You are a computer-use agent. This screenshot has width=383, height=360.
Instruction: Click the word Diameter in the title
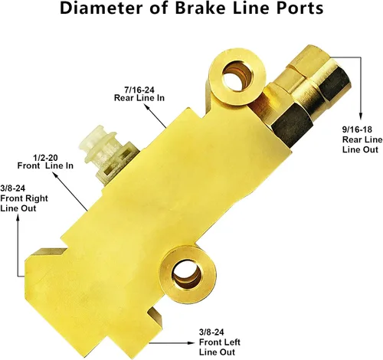pyautogui.click(x=101, y=8)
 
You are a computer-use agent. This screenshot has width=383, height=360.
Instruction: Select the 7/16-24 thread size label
pyautogui.click(x=139, y=90)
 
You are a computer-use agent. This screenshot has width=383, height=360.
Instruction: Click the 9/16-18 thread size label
pyautogui.click(x=357, y=129)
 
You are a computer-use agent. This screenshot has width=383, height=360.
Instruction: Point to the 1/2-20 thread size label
pyautogui.click(x=45, y=157)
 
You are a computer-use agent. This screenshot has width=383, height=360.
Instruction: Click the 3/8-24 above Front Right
pyautogui.click(x=13, y=188)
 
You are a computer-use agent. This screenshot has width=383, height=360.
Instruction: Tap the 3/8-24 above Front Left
pyautogui.click(x=211, y=332)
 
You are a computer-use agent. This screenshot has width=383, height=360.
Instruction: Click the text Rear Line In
pyautogui.click(x=139, y=98)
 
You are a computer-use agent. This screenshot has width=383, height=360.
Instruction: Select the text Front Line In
pyautogui.click(x=45, y=165)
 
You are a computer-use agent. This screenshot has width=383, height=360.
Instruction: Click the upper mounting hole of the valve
pyautogui.click(x=237, y=77)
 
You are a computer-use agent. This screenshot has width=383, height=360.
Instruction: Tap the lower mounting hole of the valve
pyautogui.click(x=187, y=275)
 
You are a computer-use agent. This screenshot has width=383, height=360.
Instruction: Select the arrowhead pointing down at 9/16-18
pyautogui.click(x=361, y=116)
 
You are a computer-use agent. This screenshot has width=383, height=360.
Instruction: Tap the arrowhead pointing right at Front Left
pyautogui.click(x=191, y=342)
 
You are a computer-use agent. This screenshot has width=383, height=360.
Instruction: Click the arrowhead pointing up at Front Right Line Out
pyautogui.click(x=18, y=218)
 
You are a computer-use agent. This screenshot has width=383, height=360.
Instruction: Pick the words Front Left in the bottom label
pyautogui.click(x=220, y=342)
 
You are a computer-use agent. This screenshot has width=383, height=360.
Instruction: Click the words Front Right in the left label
pyautogui.click(x=24, y=198)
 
